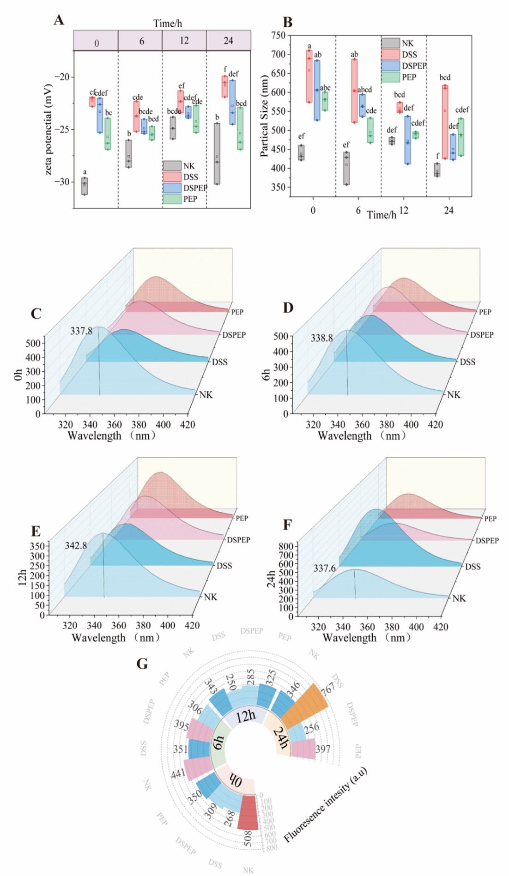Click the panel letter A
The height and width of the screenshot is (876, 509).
coord(59,20)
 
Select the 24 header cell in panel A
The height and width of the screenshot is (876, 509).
coord(229,41)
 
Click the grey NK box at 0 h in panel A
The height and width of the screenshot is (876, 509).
coord(85,186)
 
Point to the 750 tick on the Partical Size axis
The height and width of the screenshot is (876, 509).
coord(278,36)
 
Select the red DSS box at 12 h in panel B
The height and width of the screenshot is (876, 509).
coord(400,108)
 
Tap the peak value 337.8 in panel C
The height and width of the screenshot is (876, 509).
coord(81,331)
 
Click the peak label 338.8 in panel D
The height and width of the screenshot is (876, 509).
coord(321,338)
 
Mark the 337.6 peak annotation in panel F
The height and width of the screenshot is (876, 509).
coord(324,568)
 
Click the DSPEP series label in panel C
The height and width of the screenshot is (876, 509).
coord(234,335)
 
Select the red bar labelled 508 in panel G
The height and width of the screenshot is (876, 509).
coord(248,813)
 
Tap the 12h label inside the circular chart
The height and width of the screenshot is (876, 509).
coord(245,716)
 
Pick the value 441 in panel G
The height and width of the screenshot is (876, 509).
coord(178,774)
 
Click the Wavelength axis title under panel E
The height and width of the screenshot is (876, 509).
coord(115,638)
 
